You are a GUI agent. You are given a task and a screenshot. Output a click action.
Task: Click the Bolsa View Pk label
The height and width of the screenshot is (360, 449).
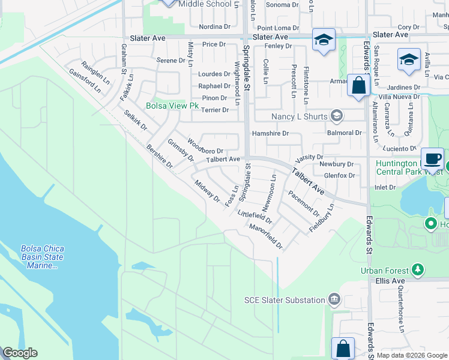click(172, 106)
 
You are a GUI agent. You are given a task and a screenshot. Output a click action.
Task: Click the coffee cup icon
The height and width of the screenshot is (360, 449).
click(432, 158)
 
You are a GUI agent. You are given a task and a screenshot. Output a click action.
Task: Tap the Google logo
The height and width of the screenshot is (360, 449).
click(20, 353)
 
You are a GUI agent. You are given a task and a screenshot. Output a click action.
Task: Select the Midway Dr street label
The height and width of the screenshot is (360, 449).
click(207, 191)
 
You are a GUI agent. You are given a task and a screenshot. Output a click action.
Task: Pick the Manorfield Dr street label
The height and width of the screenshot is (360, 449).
click(266, 236)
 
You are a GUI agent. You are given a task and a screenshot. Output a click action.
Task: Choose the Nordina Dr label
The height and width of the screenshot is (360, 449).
click(215, 27)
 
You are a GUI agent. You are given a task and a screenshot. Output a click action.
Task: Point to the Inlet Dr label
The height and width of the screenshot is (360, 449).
click(385, 187)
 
